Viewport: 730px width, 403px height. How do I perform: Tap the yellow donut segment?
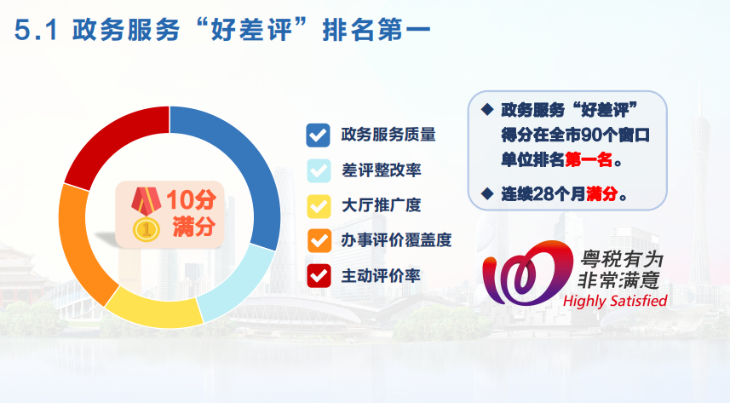[153, 311]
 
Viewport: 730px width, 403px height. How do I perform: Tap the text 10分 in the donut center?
[192, 199]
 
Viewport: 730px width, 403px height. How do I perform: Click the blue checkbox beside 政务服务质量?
[319, 135]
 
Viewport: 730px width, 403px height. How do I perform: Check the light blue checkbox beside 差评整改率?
[319, 170]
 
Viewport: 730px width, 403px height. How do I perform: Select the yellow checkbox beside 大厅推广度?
[319, 206]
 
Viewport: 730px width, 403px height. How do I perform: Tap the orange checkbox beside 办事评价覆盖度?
[319, 241]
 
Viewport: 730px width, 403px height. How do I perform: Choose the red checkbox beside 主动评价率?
[319, 276]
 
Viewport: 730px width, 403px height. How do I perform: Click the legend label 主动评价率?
[381, 276]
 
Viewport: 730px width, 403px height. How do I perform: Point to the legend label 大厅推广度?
[381, 205]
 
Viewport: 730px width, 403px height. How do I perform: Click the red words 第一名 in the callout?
[589, 160]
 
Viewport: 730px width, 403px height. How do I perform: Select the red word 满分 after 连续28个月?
[602, 193]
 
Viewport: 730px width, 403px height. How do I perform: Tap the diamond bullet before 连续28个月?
[487, 193]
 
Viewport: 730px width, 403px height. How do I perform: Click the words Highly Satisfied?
[615, 301]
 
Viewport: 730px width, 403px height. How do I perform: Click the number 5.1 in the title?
[37, 31]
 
